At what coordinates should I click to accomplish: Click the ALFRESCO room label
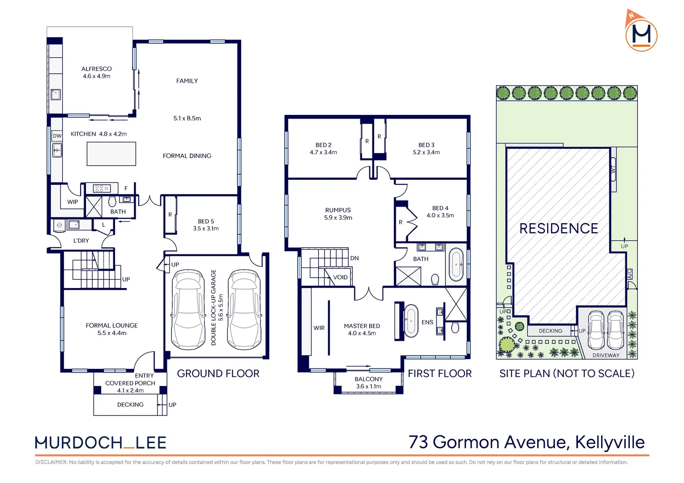click(x=97, y=69)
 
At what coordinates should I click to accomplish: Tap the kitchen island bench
click(x=111, y=154)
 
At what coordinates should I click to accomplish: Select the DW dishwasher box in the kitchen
click(x=57, y=136)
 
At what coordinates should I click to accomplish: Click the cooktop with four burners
click(x=102, y=188)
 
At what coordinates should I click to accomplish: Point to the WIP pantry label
click(x=73, y=202)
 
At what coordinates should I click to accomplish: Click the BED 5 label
click(x=206, y=221)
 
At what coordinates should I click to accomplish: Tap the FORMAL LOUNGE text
click(x=112, y=326)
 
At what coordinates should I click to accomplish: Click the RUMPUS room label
click(x=338, y=210)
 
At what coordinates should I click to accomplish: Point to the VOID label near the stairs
click(x=341, y=277)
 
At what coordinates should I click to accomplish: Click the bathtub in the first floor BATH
click(x=456, y=265)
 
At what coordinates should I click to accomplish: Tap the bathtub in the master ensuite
click(x=411, y=321)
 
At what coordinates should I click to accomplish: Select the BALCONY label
click(x=368, y=379)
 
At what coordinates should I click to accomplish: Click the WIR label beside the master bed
click(x=319, y=328)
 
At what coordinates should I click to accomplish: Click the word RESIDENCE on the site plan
click(x=559, y=229)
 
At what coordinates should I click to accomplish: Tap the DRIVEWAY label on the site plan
click(x=606, y=355)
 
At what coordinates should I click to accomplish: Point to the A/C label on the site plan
click(x=630, y=274)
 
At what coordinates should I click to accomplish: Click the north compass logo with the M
click(x=641, y=31)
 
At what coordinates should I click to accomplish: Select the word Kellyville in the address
click(x=610, y=442)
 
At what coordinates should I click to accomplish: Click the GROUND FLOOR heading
click(x=218, y=373)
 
